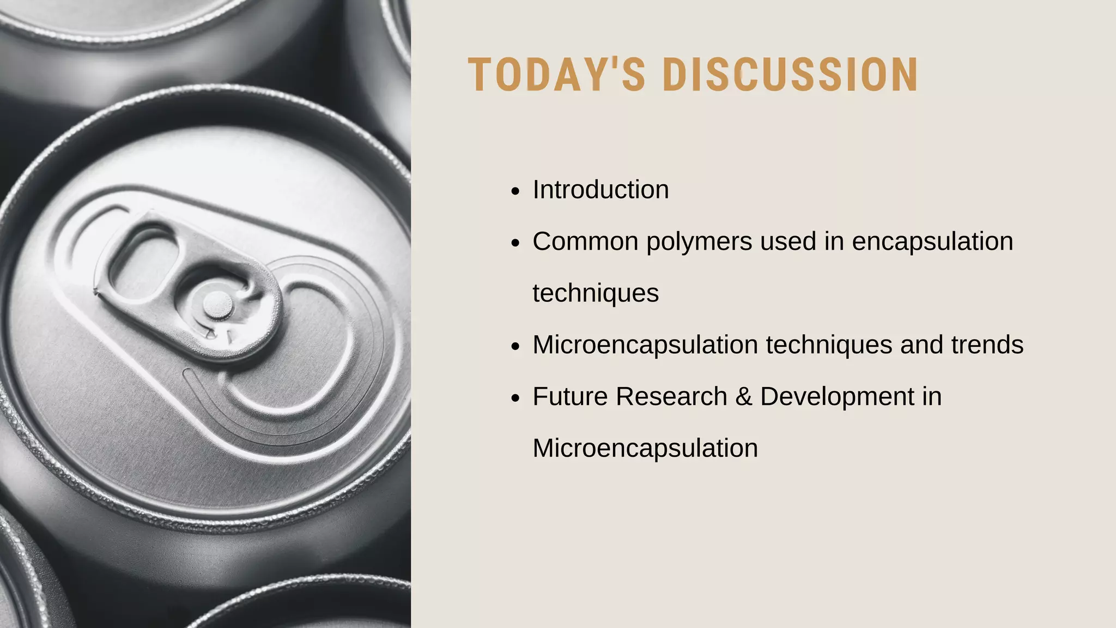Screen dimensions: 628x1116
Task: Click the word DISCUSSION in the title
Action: [790, 75]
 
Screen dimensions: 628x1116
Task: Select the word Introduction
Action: [601, 190]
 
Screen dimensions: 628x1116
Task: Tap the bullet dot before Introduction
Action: [515, 191]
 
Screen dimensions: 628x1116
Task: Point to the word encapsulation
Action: [932, 241]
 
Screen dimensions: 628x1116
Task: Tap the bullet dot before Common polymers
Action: [515, 243]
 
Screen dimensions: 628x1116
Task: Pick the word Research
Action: [671, 396]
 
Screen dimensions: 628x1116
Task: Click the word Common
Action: [585, 241]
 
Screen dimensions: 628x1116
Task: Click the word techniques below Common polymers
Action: [596, 293]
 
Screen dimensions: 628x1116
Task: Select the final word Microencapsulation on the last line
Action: [645, 448]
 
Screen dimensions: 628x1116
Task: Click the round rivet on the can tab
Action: [218, 304]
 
